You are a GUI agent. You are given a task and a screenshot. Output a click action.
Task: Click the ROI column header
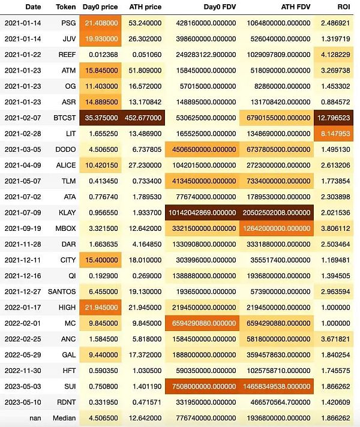[344, 7]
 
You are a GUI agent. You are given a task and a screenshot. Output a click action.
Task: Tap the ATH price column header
[145, 7]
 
